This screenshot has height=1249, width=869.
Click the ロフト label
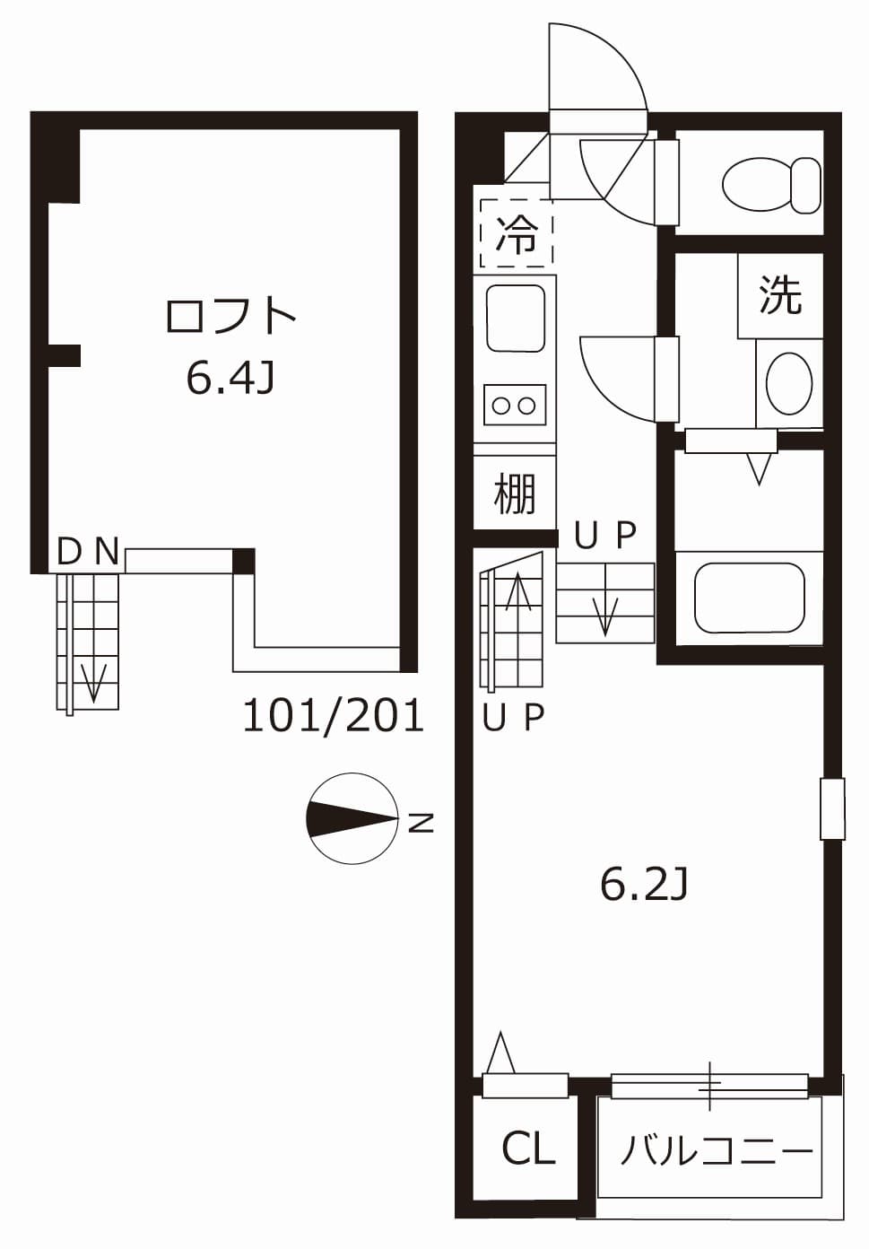coord(230,316)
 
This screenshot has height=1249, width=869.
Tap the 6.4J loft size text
coord(229,379)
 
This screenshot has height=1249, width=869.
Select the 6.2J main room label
coord(643,885)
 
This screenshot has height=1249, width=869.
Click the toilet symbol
coord(770,184)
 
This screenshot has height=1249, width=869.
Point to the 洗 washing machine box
coord(779,294)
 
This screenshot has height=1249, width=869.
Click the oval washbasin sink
coord(789,383)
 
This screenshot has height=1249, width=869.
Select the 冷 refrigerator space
coord(517,233)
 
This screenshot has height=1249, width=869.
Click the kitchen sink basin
coord(515,319)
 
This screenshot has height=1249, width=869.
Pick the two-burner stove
coord(515,405)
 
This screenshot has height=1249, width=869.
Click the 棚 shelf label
coord(515,493)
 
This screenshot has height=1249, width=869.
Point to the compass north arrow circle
coord(352,818)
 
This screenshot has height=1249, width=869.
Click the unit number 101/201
coord(333,716)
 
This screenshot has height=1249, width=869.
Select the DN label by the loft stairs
coord(87,551)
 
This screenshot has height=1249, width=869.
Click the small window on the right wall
coord(832,808)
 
